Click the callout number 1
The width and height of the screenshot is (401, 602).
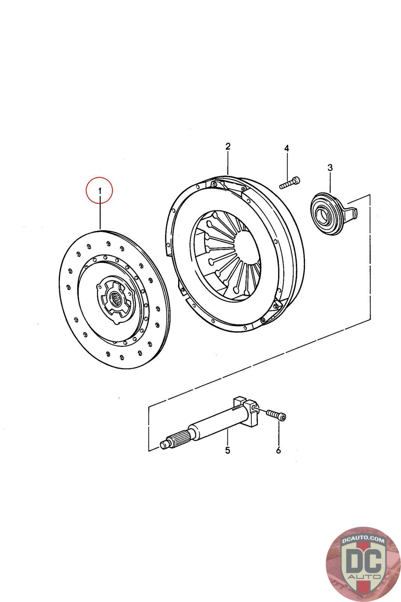[100, 191]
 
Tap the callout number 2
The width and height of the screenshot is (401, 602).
[227, 146]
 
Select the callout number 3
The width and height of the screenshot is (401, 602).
[330, 167]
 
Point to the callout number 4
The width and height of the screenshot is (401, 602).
[286, 148]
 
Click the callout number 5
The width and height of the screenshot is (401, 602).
[227, 450]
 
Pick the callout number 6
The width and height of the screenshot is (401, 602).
[278, 450]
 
